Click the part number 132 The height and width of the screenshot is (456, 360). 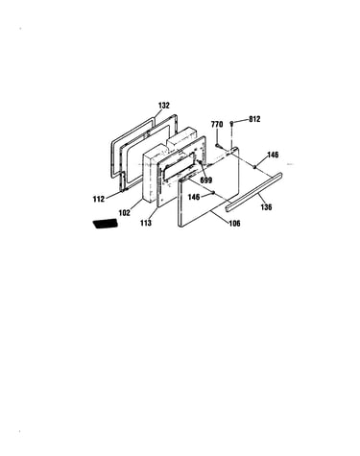(x=164, y=106)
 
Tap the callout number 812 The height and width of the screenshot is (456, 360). (x=254, y=119)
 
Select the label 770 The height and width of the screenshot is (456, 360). (x=217, y=125)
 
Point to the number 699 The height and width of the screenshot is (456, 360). (x=205, y=180)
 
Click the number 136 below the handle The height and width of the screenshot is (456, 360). (x=266, y=207)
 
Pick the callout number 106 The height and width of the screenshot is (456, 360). (x=234, y=224)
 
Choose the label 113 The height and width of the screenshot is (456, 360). (x=146, y=223)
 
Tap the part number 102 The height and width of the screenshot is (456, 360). (x=124, y=212)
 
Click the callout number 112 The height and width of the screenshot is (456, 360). (x=99, y=199)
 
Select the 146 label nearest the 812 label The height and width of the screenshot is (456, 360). (x=273, y=155)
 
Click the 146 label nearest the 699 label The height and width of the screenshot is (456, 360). (x=194, y=197)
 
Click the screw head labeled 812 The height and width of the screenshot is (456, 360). (x=231, y=123)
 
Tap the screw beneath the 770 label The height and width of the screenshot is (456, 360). (x=218, y=146)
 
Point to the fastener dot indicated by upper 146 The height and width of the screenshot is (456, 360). (x=254, y=166)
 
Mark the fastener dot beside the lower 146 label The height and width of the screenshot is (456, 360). (x=212, y=192)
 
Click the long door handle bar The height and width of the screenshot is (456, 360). (x=254, y=192)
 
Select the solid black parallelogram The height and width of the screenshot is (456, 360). (x=106, y=224)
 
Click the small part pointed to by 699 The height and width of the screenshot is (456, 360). (x=200, y=162)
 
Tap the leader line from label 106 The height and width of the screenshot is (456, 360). (x=220, y=216)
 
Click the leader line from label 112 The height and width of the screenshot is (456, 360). (x=114, y=195)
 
